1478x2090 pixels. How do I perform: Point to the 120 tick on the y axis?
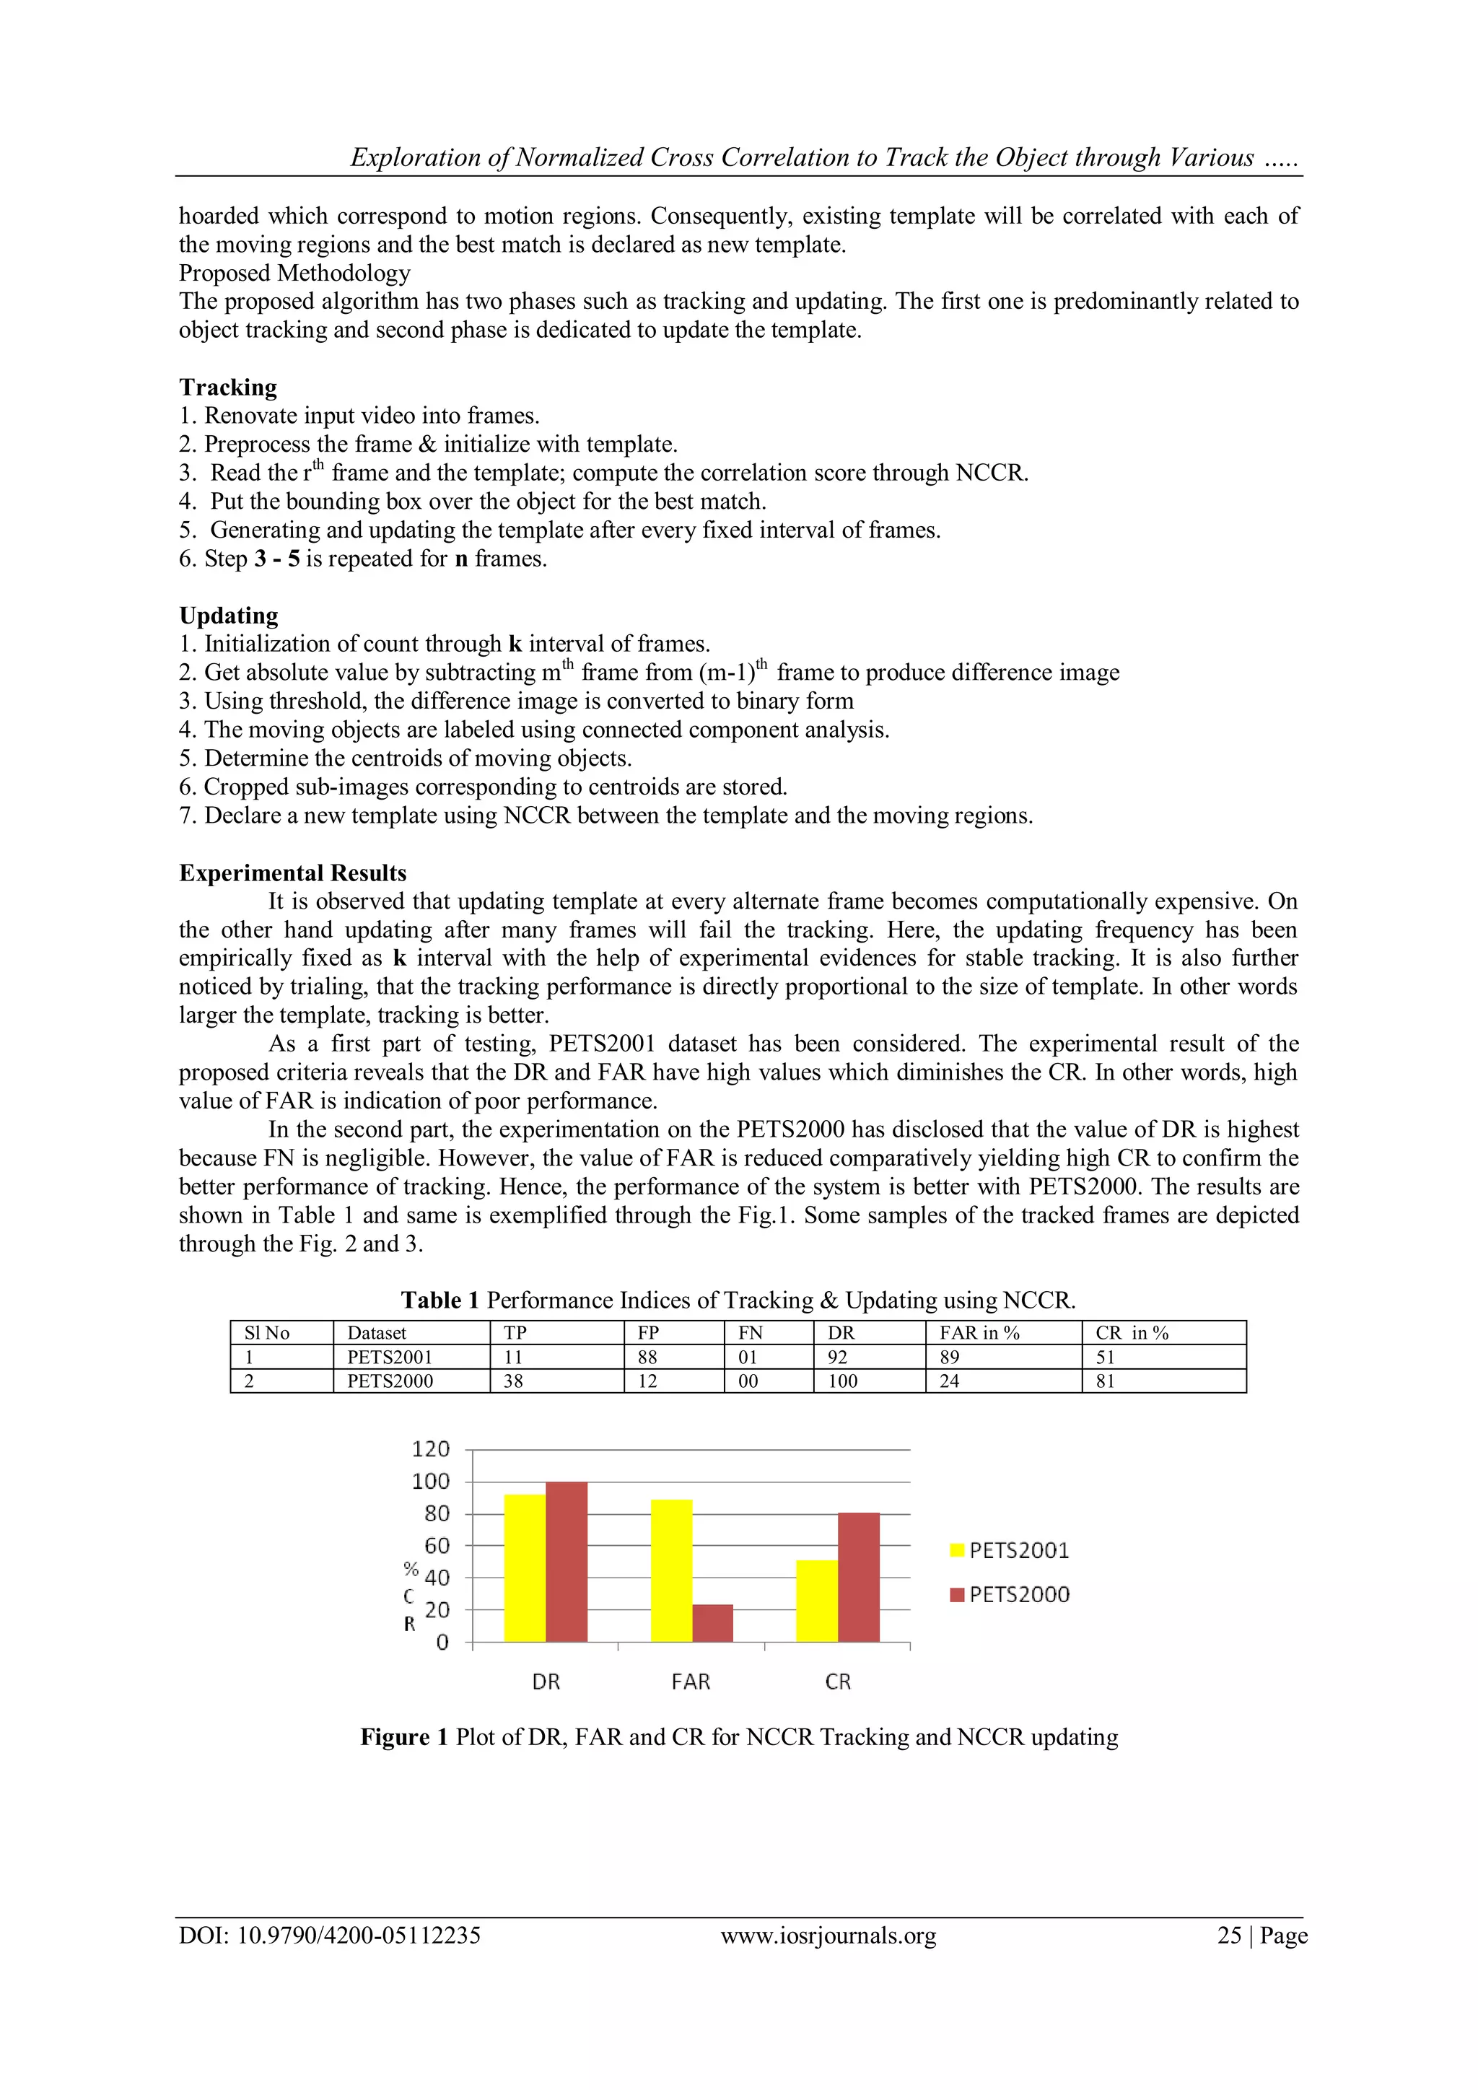click(430, 1449)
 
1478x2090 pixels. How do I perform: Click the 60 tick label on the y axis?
click(437, 1546)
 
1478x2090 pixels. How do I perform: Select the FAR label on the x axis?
click(691, 1682)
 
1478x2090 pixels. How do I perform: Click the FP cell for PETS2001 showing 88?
click(647, 1357)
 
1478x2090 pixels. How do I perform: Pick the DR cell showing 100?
click(843, 1381)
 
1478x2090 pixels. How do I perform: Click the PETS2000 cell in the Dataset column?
click(390, 1381)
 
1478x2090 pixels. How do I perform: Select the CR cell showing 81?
click(1105, 1381)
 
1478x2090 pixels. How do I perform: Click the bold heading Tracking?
click(227, 387)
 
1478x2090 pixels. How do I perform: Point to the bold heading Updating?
click(229, 616)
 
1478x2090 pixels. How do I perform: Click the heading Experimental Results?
click(292, 873)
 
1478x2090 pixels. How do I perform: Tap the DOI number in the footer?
click(359, 1936)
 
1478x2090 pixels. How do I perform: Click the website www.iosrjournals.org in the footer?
click(828, 1936)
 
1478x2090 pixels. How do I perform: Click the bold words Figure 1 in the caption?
click(404, 1737)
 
